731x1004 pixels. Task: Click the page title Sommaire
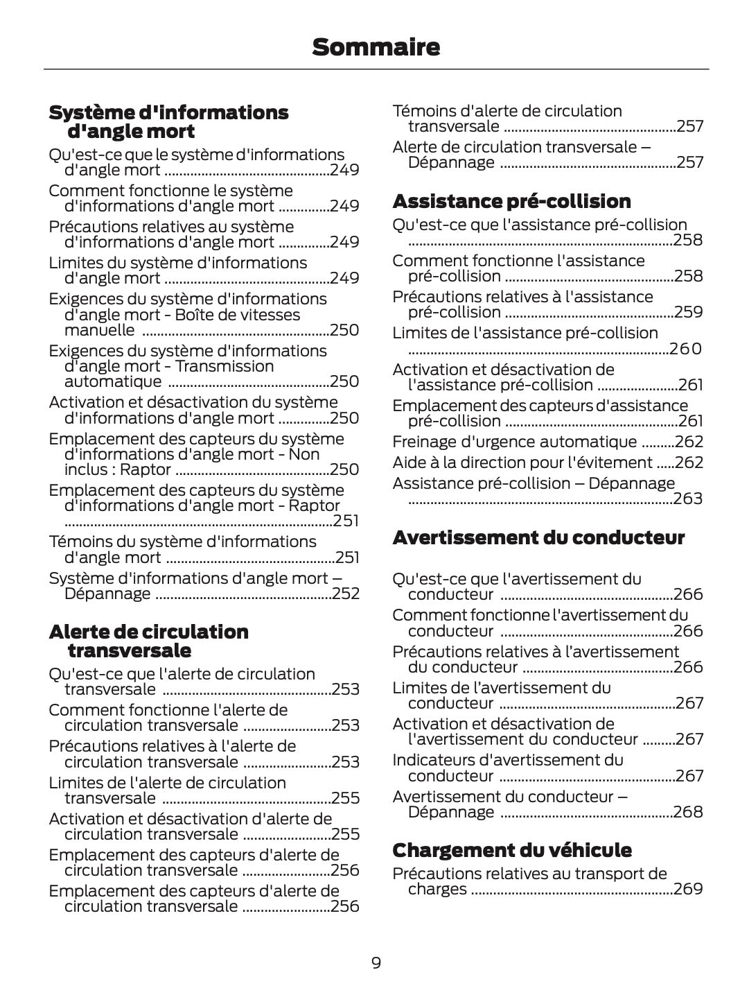[x=376, y=47]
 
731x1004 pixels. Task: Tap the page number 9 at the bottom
[x=376, y=963]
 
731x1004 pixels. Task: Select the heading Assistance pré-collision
[x=511, y=201]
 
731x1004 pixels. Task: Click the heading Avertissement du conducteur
[x=538, y=537]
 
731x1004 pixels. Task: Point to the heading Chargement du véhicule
[x=512, y=850]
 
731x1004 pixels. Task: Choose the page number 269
[x=688, y=889]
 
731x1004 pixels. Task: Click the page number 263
[x=688, y=499]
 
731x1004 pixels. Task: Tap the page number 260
[x=686, y=349]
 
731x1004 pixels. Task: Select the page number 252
[x=346, y=594]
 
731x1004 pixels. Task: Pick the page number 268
[x=688, y=812]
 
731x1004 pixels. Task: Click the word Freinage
[x=423, y=442]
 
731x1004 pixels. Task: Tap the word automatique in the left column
[x=112, y=381]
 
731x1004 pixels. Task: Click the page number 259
[x=688, y=312]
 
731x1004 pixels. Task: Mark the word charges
[x=437, y=889]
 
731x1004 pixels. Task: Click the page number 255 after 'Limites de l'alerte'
[x=346, y=798]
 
